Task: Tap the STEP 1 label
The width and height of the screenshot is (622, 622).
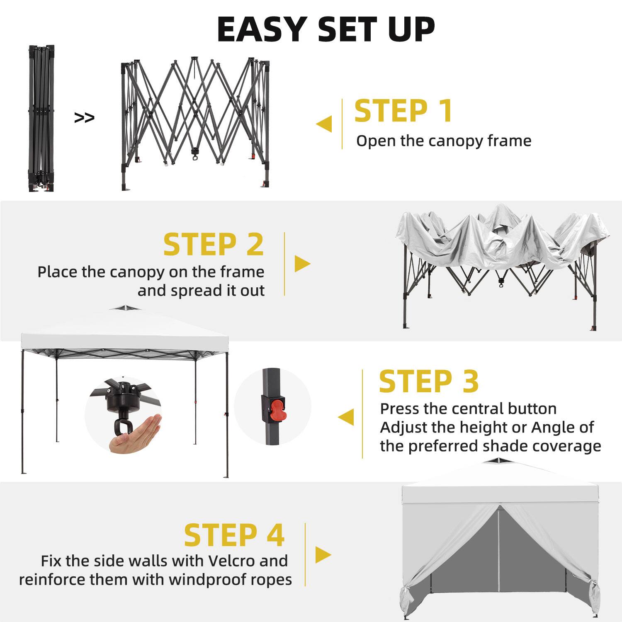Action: click(x=403, y=111)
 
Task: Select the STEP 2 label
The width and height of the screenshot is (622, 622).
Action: click(x=214, y=245)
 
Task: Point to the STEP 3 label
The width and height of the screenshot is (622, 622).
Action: click(x=429, y=381)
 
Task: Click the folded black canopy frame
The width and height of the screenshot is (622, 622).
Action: click(x=41, y=118)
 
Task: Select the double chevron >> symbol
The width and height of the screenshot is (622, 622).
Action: click(x=84, y=118)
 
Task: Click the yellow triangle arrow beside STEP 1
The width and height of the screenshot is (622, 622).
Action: click(x=325, y=124)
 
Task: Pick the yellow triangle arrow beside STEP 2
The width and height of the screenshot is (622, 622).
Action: click(x=302, y=263)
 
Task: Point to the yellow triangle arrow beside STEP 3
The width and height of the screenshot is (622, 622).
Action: click(x=347, y=417)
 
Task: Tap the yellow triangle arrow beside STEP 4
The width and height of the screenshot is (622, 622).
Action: click(x=323, y=554)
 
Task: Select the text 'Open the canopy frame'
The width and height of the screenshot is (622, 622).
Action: click(x=444, y=141)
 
